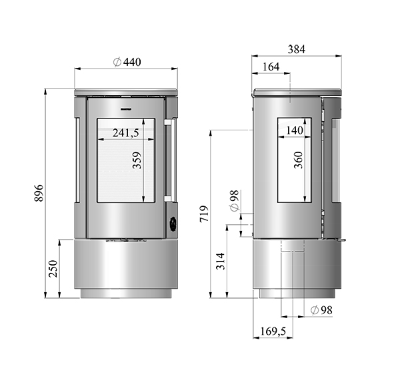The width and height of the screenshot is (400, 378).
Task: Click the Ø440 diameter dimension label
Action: pyautogui.click(x=127, y=62)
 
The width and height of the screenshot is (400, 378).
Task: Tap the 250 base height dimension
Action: pyautogui.click(x=53, y=268)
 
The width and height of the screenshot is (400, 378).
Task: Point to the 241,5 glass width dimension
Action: pyautogui.click(x=125, y=132)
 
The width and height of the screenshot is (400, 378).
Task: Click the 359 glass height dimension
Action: pyautogui.click(x=137, y=162)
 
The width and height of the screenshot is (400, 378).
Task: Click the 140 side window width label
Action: pyautogui.click(x=294, y=130)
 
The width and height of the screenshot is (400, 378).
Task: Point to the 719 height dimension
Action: pyautogui.click(x=204, y=214)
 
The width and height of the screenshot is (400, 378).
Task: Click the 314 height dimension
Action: pyautogui.click(x=221, y=262)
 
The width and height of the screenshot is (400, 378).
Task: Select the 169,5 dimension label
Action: pyautogui.click(x=273, y=331)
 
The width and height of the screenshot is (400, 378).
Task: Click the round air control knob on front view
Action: pyautogui.click(x=172, y=224)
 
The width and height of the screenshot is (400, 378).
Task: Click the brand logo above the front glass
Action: pyautogui.click(x=126, y=106)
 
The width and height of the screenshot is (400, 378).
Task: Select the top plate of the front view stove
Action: pyautogui.click(x=126, y=91)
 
